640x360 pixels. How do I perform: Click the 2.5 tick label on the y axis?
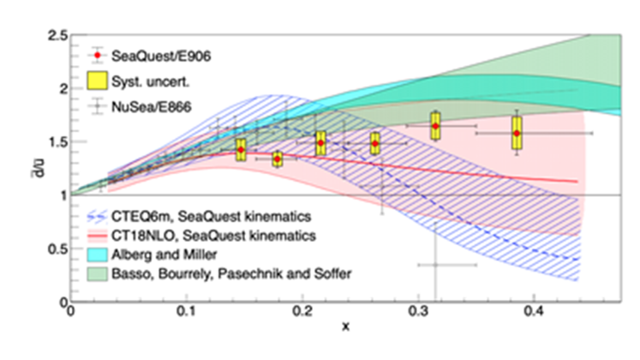pos(58,34)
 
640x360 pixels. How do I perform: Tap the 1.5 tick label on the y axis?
pos(58,141)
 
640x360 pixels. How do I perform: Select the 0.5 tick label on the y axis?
pos(58,249)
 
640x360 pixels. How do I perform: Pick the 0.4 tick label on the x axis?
pos(534,315)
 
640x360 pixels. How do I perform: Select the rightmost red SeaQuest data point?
pos(517,133)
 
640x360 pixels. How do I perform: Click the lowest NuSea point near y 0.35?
pos(434,265)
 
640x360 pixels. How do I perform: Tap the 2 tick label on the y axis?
pos(63,88)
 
